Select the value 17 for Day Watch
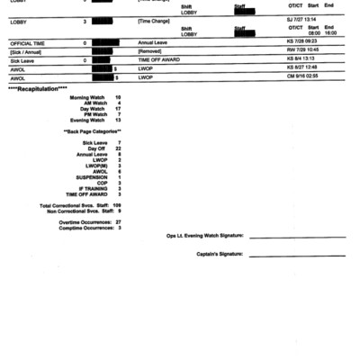pos(117,109)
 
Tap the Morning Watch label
pos(87,97)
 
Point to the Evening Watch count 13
pos(117,121)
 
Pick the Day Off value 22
pos(117,148)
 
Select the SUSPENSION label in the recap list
pos(90,176)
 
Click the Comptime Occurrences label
pos(85,228)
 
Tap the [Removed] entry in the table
pos(150,51)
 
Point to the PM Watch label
pos(94,114)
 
